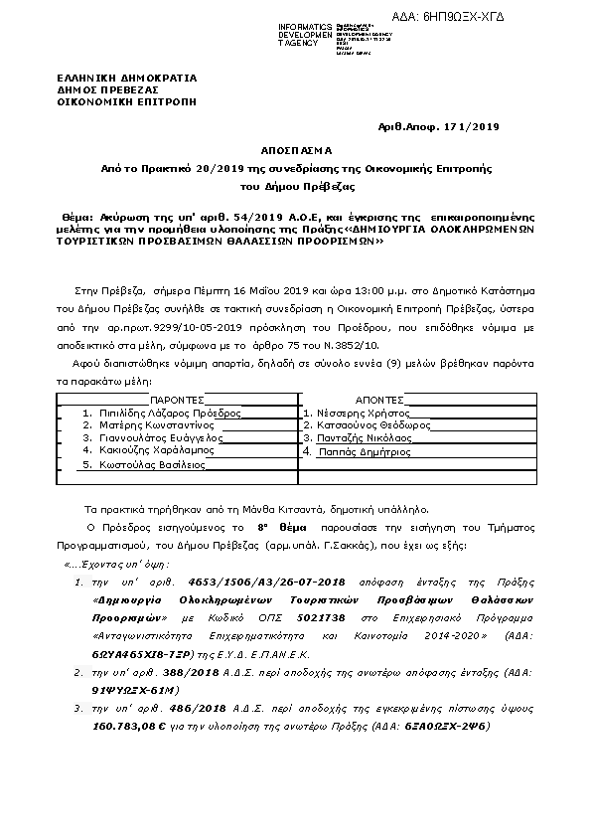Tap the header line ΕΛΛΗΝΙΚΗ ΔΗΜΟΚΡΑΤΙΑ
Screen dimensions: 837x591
126,78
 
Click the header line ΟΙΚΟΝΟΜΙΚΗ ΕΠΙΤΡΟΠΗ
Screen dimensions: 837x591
126,100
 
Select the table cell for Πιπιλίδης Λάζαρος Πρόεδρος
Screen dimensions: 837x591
163,412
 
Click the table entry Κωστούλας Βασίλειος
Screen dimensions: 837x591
145,464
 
